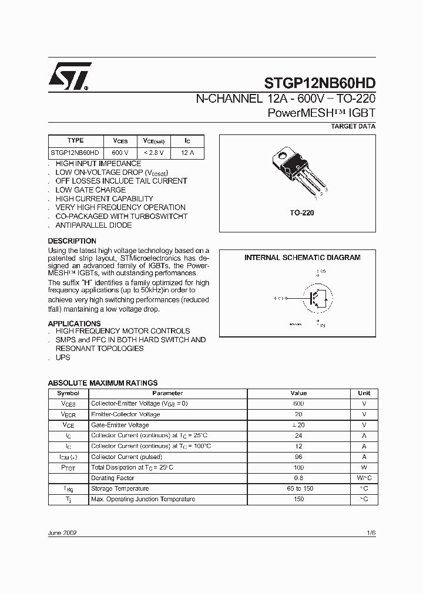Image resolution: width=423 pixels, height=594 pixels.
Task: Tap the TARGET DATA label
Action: [x=353, y=126]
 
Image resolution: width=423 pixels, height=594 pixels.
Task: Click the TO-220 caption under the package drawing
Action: [x=302, y=212]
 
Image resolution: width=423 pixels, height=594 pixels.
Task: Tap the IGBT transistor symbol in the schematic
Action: [x=317, y=298]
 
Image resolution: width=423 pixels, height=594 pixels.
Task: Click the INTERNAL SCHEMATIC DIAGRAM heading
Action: [x=302, y=258]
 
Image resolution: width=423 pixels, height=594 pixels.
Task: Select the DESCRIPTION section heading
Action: [x=72, y=241]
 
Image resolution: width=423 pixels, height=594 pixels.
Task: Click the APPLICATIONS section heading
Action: [x=74, y=323]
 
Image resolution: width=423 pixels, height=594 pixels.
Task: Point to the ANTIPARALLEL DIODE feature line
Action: [x=93, y=225]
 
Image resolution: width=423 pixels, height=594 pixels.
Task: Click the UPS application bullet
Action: [x=63, y=357]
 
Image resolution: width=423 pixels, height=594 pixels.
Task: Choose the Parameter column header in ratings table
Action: [x=167, y=393]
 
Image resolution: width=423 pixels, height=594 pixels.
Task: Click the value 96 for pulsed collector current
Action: [x=298, y=457]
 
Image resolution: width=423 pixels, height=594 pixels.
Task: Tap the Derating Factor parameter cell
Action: [x=112, y=478]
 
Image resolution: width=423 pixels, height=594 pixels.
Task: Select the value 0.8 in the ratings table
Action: [x=298, y=478]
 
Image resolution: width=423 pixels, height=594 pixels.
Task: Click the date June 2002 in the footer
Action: [x=62, y=533]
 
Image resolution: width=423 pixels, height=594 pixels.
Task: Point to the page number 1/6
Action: [x=371, y=533]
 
